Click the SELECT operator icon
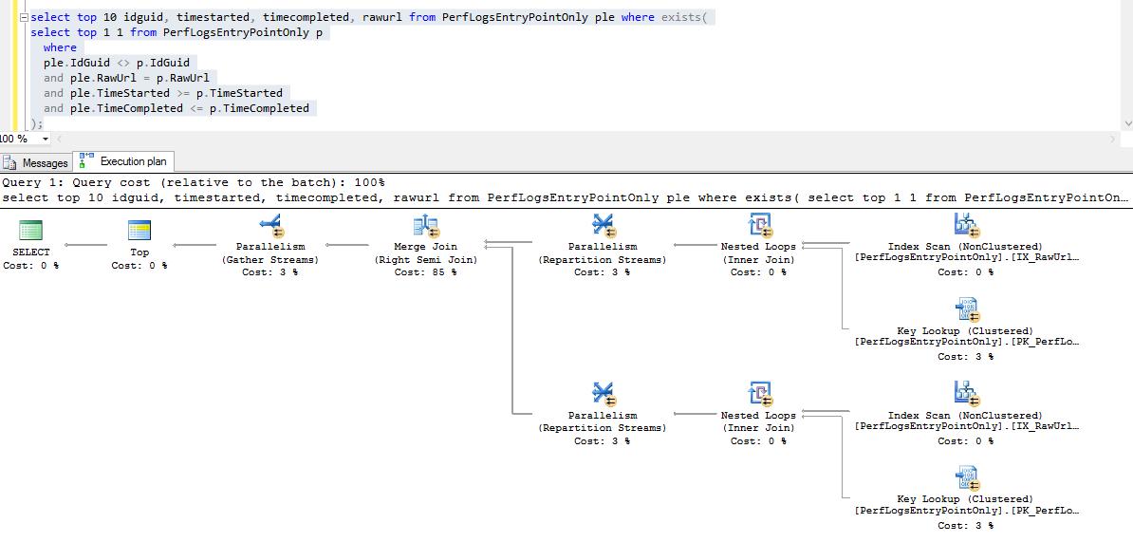pyautogui.click(x=31, y=232)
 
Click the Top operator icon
pyautogui.click(x=139, y=232)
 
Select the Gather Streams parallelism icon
pyautogui.click(x=270, y=226)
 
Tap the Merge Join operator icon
pyautogui.click(x=425, y=226)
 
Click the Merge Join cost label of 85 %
pyautogui.click(x=425, y=272)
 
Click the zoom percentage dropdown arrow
pyautogui.click(x=46, y=139)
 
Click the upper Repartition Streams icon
pyautogui.click(x=603, y=226)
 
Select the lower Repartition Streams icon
pyautogui.click(x=603, y=395)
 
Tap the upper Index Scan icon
pyautogui.click(x=965, y=226)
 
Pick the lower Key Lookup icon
pyautogui.click(x=965, y=478)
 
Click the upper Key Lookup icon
pyautogui.click(x=965, y=310)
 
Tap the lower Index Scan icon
pyautogui.click(x=965, y=395)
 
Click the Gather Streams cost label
pyautogui.click(x=270, y=272)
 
